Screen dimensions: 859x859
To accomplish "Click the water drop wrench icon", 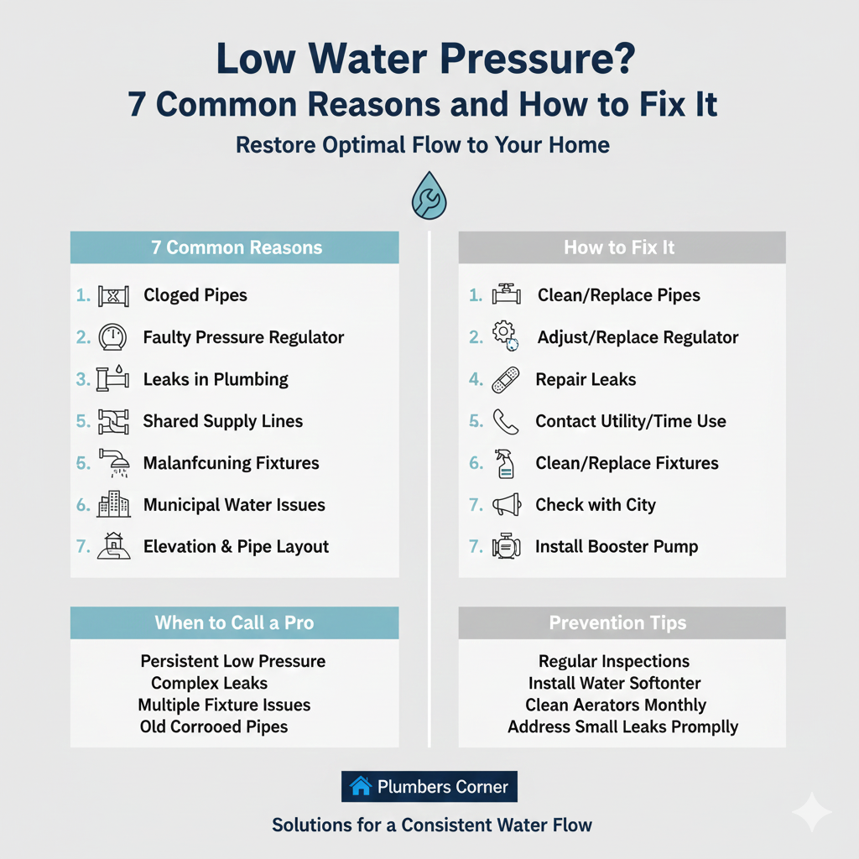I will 429,198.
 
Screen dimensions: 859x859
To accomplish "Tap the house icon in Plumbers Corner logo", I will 361,787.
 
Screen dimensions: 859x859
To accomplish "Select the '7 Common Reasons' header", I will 234,247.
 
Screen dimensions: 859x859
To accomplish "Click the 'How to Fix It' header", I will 621,247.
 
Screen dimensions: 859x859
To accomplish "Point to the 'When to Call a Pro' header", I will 234,623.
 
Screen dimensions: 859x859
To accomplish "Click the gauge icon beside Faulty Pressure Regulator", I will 112,337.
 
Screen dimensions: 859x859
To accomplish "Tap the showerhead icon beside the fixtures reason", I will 112,463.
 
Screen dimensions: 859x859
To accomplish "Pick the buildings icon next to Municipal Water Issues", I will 113,505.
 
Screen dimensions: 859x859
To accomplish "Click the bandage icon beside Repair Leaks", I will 507,379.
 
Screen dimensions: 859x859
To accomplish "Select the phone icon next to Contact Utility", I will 507,421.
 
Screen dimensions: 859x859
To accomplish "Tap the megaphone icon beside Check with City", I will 507,505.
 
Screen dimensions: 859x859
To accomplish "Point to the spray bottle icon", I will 507,463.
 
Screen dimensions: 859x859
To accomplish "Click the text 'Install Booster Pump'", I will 617,547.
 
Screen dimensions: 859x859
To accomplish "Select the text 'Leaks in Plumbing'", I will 216,379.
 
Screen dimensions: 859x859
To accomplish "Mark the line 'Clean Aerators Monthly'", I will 616,705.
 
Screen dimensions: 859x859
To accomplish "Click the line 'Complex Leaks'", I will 209,683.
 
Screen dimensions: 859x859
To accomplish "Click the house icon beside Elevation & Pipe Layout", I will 112,547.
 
